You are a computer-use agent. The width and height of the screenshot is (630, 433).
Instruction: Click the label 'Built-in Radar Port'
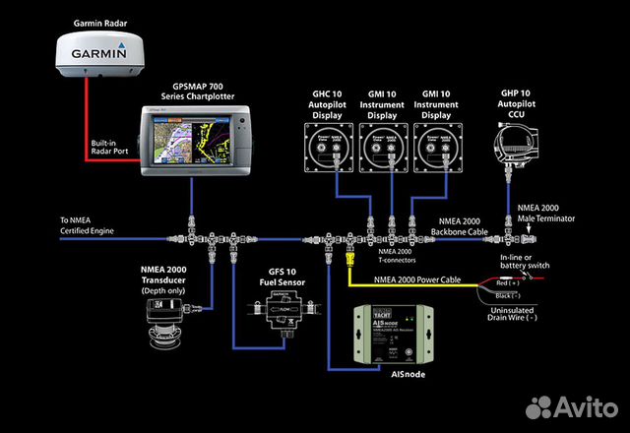point(111,149)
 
